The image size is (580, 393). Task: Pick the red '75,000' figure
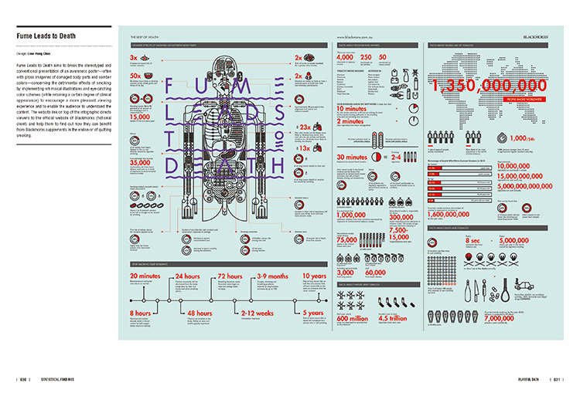354,239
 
